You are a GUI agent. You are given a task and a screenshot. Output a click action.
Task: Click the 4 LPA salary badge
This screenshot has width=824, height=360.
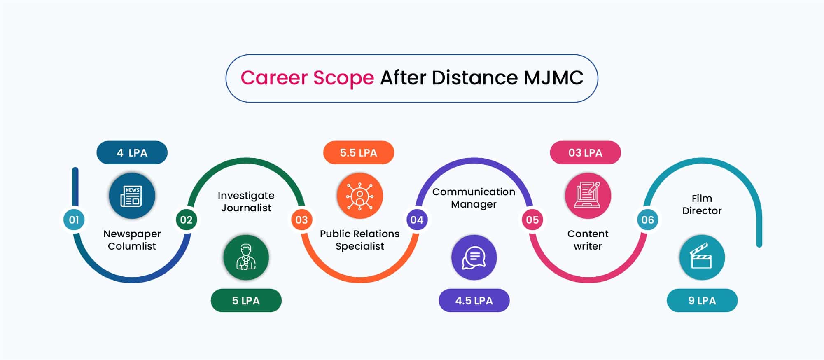coord(132,152)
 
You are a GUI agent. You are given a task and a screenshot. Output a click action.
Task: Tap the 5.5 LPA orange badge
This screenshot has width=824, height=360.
coord(359,152)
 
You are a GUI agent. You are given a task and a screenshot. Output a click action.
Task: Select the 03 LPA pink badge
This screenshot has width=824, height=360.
coord(585,152)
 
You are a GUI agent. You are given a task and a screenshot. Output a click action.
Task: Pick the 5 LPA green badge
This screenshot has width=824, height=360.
coord(246,300)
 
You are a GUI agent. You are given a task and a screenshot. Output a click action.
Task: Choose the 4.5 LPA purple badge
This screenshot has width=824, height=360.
coord(474,300)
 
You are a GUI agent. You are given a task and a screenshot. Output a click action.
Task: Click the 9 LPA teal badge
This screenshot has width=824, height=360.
coord(702,300)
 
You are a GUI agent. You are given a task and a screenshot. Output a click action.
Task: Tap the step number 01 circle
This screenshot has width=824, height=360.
coord(74,220)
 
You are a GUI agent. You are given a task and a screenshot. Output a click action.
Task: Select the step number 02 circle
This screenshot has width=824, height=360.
coord(186,220)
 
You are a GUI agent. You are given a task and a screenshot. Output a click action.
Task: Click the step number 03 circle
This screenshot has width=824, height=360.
coord(301,220)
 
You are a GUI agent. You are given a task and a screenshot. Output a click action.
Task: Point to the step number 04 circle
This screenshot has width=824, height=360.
coord(417,220)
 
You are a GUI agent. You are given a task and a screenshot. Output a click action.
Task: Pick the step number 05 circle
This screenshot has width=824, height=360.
coord(532,220)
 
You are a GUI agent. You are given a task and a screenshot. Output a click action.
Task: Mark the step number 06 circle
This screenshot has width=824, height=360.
coord(647,220)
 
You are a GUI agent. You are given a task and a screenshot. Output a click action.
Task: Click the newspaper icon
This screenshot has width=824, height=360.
coord(132,196)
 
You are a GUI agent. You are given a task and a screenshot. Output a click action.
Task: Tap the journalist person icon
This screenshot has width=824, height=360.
coord(246,257)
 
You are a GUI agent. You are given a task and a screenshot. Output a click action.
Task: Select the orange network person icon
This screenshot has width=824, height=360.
coord(360,196)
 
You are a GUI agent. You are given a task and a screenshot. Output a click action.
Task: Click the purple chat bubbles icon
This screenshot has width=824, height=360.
coord(474,257)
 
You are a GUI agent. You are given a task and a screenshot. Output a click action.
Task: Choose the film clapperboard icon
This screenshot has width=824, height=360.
coord(702,257)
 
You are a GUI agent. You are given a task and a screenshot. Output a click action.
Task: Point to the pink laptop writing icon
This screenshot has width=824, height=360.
coord(588,196)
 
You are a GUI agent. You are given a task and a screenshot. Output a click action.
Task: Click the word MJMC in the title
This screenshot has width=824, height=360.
coord(553,77)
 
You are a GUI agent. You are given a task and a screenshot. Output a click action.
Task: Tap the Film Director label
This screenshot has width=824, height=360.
coord(702,204)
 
